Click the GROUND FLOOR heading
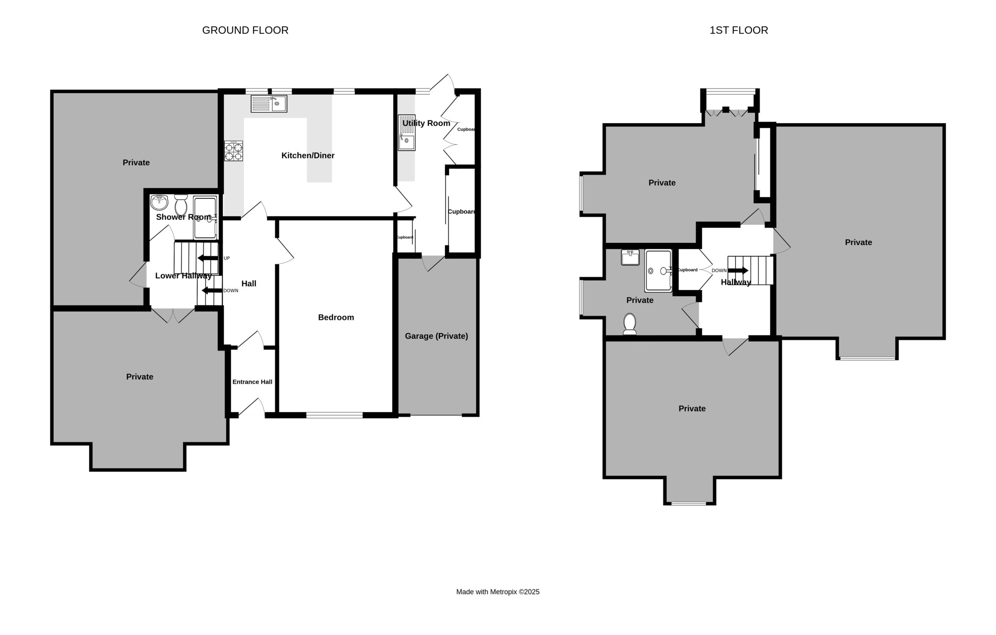(x=245, y=30)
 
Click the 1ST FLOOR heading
(x=739, y=30)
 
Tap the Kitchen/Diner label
(x=308, y=155)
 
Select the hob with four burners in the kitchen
(x=234, y=151)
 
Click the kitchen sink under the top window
(x=269, y=104)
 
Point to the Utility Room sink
(x=407, y=133)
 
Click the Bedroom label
(x=336, y=317)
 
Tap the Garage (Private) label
(x=437, y=336)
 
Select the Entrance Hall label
(x=253, y=382)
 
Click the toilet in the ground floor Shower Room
(x=181, y=205)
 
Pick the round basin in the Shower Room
(x=159, y=202)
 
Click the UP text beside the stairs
(x=227, y=258)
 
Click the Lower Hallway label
(x=183, y=276)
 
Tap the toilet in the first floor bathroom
(x=630, y=324)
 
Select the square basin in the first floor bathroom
(x=630, y=257)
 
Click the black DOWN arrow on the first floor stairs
(x=738, y=270)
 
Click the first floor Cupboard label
(x=687, y=270)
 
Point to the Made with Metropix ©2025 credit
(x=498, y=591)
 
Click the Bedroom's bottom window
(x=335, y=415)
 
